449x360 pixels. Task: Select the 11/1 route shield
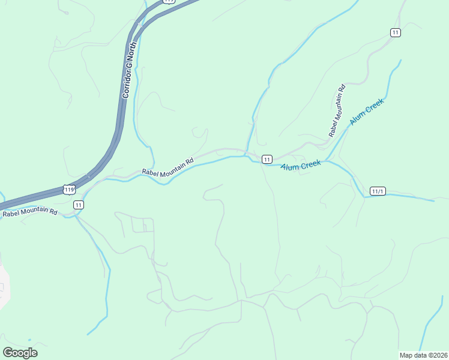[378, 191]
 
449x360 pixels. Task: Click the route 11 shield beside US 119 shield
[79, 205]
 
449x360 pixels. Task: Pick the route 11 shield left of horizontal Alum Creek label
[267, 159]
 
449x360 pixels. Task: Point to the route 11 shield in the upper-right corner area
[395, 32]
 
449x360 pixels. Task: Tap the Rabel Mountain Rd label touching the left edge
[29, 212]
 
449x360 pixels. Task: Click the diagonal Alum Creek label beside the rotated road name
[366, 112]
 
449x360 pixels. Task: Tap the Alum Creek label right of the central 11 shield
[301, 164]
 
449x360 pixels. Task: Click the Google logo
[20, 352]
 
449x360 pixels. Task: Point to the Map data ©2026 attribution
[424, 355]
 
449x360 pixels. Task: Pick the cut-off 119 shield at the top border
[169, 1]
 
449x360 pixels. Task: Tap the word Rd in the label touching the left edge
[53, 211]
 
